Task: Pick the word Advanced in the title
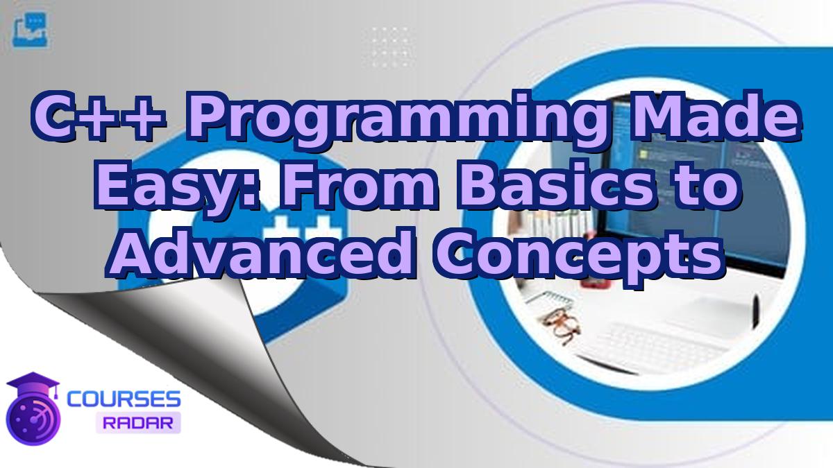pyautogui.click(x=260, y=254)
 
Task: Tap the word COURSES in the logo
pyautogui.click(x=124, y=399)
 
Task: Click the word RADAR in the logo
pyautogui.click(x=138, y=423)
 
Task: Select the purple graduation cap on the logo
pyautogui.click(x=33, y=384)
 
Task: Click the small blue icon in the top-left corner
pyautogui.click(x=31, y=30)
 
